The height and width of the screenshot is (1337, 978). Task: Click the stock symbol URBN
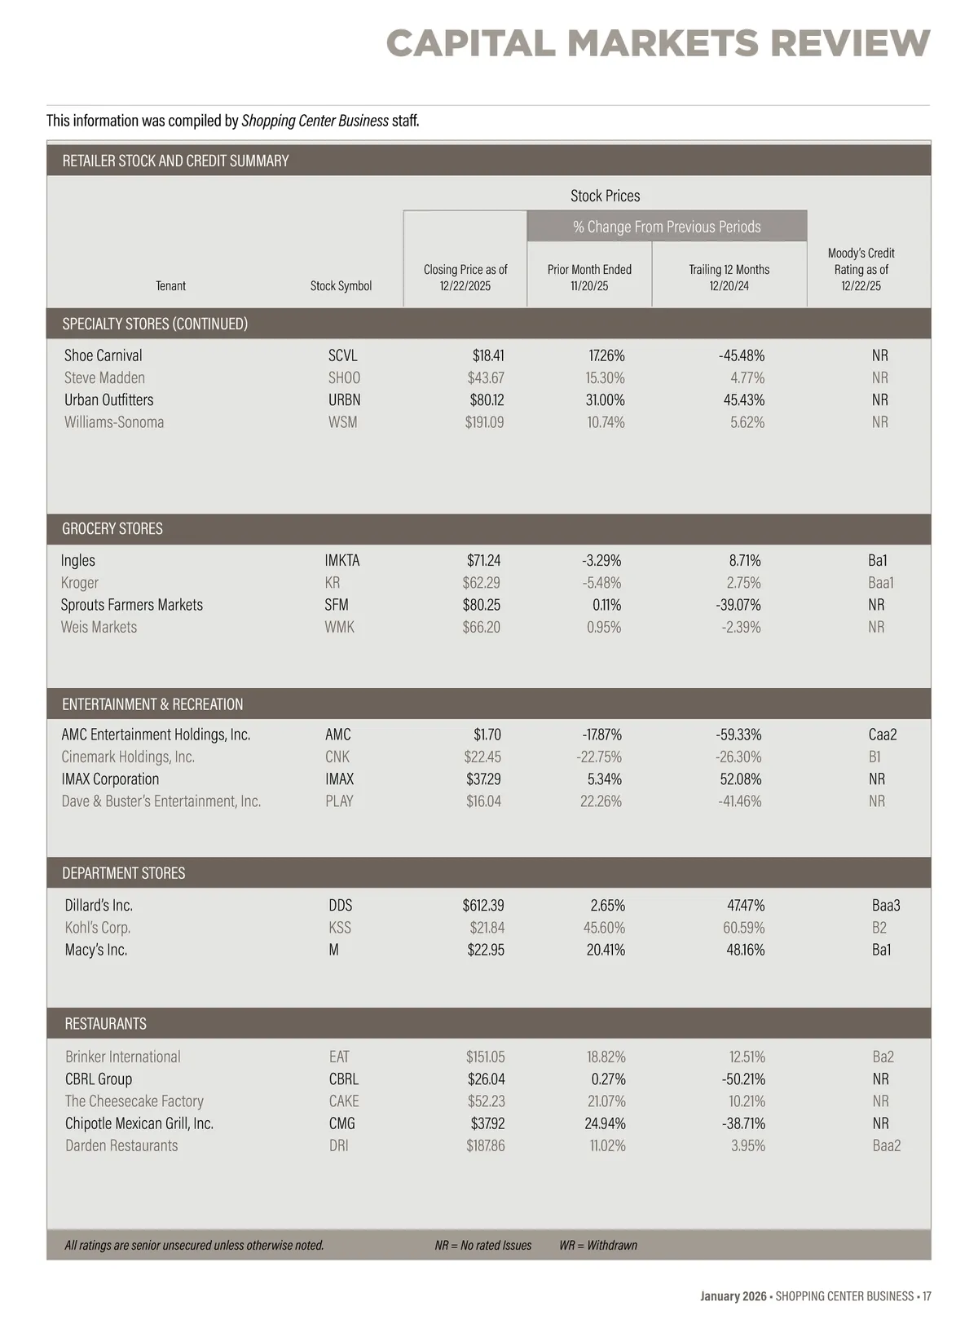(x=344, y=400)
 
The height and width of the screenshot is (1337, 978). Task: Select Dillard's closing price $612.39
(x=483, y=906)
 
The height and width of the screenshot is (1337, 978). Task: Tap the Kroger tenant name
(x=80, y=583)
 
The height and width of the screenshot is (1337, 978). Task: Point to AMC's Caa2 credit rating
(x=883, y=735)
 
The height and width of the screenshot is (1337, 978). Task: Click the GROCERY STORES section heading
(x=112, y=529)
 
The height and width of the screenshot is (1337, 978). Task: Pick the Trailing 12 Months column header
(x=729, y=277)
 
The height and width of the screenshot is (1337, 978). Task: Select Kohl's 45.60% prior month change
(x=604, y=928)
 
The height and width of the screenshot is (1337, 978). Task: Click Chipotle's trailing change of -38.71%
(x=743, y=1123)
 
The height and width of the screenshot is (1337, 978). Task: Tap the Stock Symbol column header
(x=341, y=286)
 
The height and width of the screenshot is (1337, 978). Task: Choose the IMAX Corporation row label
(x=110, y=779)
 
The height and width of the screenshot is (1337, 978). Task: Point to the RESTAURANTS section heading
(x=106, y=1024)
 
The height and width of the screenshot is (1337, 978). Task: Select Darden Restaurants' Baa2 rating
(x=887, y=1145)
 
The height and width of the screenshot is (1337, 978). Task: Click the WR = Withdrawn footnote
(x=598, y=1245)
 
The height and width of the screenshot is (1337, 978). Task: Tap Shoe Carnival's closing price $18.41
(x=488, y=356)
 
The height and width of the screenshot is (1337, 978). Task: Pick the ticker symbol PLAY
(x=339, y=801)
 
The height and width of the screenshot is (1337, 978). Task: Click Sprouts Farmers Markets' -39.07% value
(x=738, y=605)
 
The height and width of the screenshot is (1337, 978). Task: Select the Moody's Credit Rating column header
(x=861, y=269)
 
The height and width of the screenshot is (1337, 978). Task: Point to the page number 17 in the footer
(x=927, y=1296)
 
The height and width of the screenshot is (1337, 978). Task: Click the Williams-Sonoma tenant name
(x=114, y=422)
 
